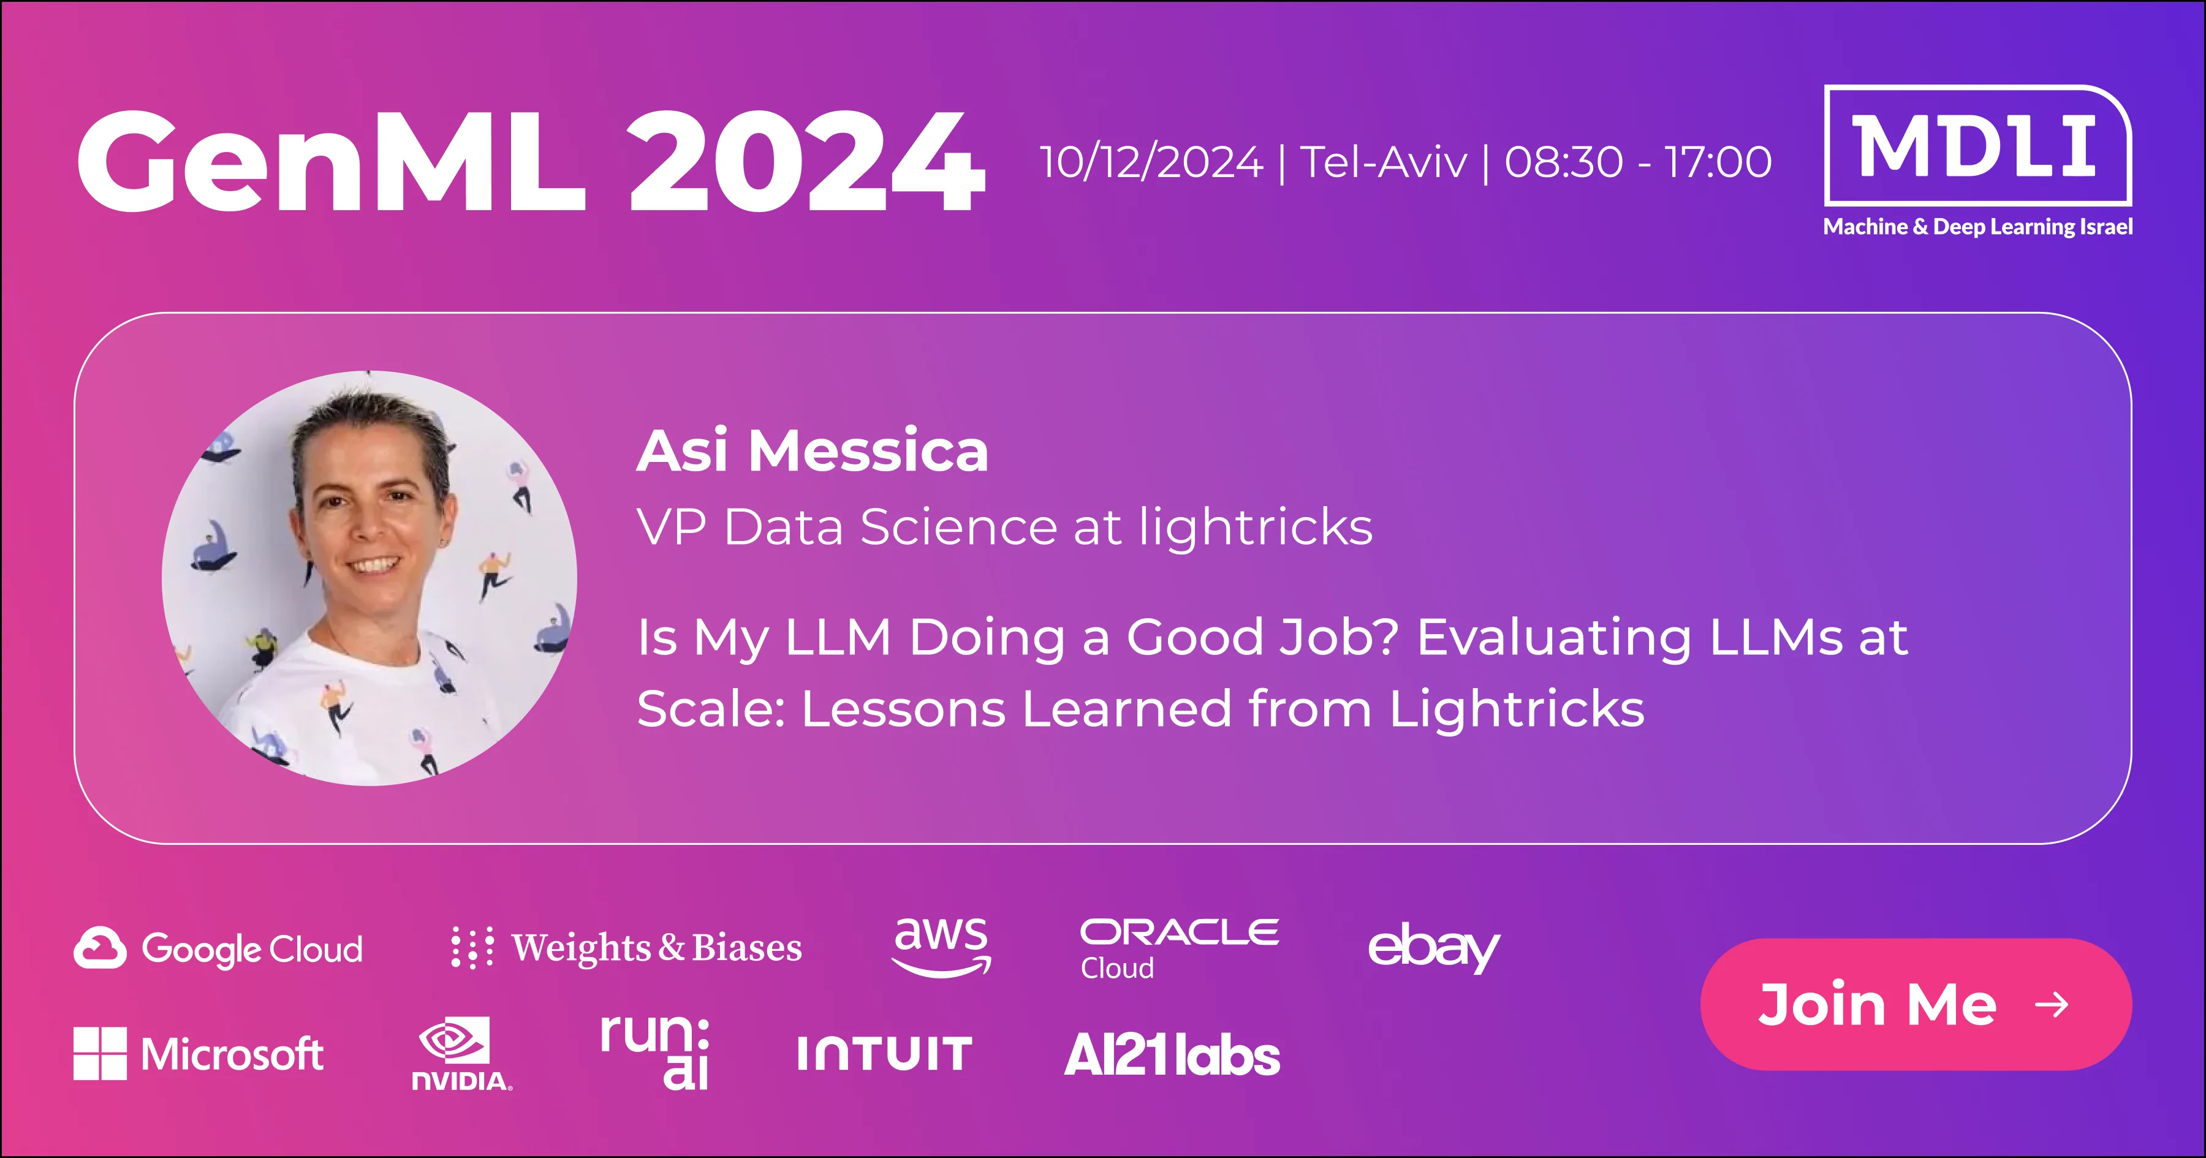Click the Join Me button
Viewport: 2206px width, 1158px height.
(1916, 1004)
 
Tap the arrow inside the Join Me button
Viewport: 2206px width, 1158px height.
(2052, 1004)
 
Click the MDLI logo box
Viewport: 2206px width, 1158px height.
(1977, 146)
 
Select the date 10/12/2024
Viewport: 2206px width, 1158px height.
(1151, 162)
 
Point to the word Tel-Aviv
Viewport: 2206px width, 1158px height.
(1383, 162)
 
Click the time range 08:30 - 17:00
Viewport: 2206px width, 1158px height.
(1637, 162)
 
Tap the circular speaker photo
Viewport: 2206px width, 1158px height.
(369, 578)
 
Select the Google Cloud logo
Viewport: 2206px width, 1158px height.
(218, 948)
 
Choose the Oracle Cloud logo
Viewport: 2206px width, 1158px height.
(1179, 948)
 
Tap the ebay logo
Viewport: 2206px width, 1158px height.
(1433, 947)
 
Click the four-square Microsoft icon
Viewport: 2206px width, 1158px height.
(100, 1053)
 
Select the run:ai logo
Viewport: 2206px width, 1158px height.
(655, 1052)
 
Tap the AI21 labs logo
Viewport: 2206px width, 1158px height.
(1172, 1054)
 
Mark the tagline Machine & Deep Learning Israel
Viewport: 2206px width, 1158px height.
(1977, 227)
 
